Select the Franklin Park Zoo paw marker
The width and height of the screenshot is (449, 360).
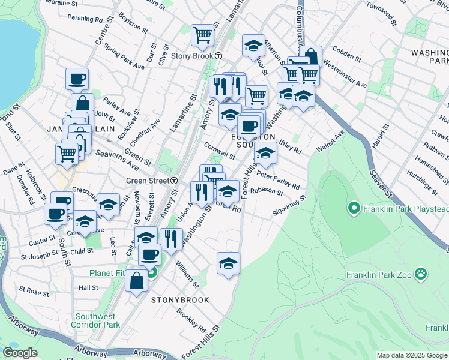423,275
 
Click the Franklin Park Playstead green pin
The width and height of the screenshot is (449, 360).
354,209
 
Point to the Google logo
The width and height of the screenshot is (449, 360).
20,353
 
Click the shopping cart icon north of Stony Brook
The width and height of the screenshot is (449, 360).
203,35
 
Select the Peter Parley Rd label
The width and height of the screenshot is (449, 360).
277,178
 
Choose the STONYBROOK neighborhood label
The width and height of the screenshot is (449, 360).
180,299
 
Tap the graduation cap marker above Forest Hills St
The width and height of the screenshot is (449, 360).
228,263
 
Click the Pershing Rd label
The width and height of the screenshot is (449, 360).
85,19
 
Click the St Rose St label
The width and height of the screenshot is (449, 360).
34,292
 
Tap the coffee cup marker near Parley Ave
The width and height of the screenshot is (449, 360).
77,79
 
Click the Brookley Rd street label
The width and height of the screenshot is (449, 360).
191,317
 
